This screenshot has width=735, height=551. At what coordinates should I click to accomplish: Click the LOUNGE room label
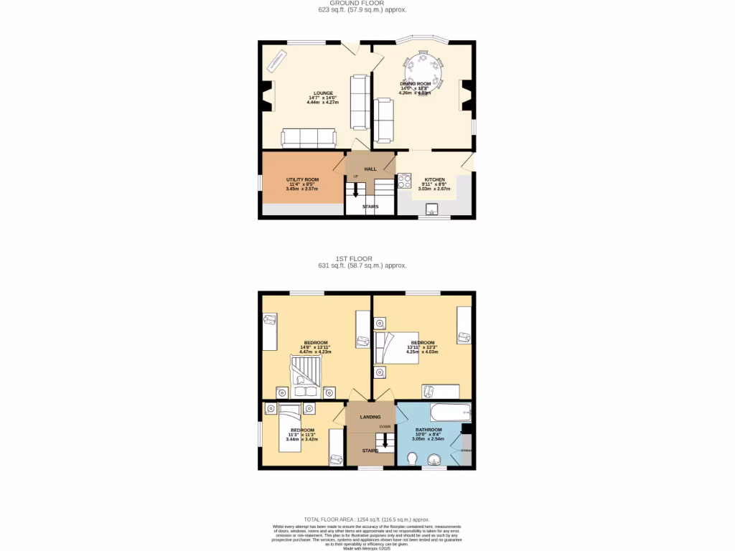click(x=322, y=93)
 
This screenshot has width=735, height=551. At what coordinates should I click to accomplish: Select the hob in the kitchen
click(x=404, y=181)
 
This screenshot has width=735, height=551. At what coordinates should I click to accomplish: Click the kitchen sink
click(x=433, y=209)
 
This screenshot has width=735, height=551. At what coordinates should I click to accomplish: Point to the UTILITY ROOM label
click(x=302, y=179)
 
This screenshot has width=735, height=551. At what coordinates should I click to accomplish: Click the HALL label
click(x=370, y=169)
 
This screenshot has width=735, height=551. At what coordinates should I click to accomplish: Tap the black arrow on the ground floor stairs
click(x=355, y=192)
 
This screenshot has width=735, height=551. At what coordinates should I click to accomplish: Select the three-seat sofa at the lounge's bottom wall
click(x=308, y=138)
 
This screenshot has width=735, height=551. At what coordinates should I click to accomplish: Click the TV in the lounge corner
click(x=277, y=63)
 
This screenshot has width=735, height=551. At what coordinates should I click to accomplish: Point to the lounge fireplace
click(x=268, y=96)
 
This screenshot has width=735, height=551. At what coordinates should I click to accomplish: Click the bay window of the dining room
click(x=422, y=39)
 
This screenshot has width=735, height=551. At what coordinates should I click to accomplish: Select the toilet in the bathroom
click(x=412, y=458)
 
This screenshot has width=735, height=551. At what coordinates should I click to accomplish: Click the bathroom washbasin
click(x=435, y=459)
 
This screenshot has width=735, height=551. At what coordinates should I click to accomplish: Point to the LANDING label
click(x=370, y=416)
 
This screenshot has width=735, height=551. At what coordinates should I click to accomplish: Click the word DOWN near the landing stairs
click(x=385, y=426)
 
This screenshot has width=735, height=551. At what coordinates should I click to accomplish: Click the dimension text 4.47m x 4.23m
click(x=316, y=352)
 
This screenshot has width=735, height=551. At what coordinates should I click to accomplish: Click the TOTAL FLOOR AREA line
click(x=367, y=519)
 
